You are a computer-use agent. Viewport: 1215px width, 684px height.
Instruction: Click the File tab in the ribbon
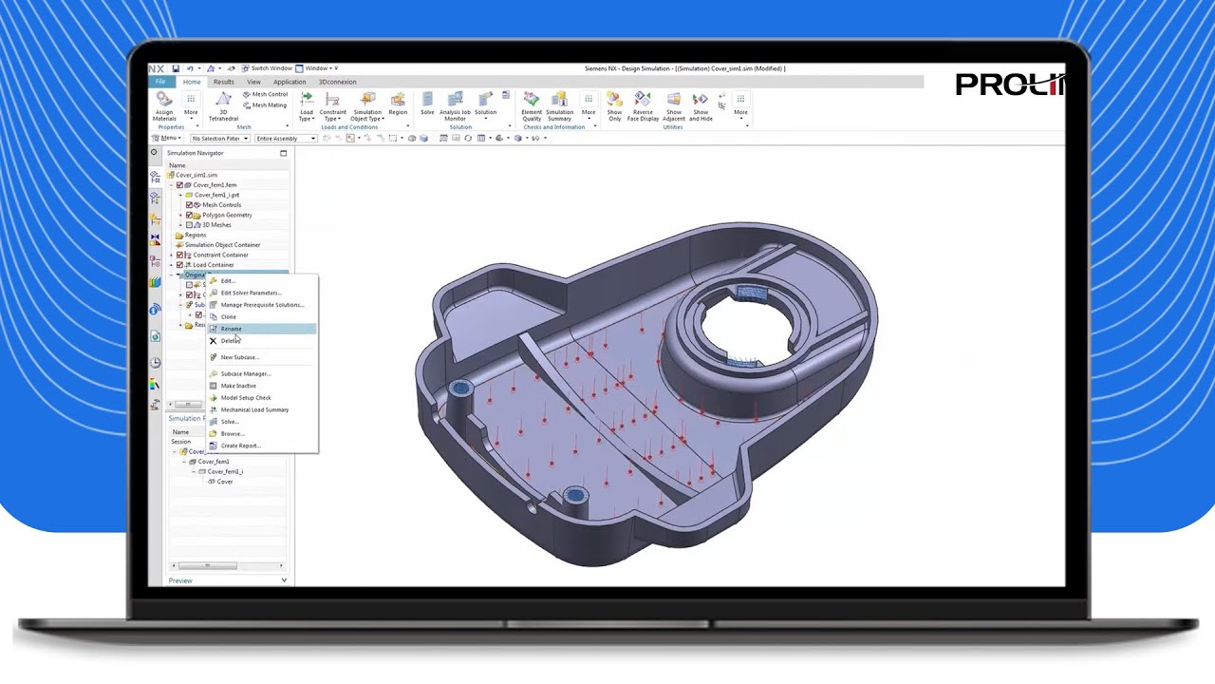coord(160,82)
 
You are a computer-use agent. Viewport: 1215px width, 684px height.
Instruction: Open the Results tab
coord(223,82)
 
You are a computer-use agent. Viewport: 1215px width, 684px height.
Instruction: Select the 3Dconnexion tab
coord(337,82)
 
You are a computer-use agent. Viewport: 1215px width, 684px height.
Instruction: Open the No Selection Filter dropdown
coord(219,139)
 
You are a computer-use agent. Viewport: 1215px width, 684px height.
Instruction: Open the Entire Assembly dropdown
coord(285,139)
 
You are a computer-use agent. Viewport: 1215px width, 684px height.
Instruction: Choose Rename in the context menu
coord(232,329)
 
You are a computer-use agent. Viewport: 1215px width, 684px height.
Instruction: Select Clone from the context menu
coord(229,316)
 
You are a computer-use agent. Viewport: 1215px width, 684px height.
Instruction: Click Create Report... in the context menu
coord(240,446)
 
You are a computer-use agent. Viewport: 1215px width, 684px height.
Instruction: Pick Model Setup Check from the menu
coord(246,398)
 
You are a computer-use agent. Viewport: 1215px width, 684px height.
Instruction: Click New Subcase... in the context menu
coord(239,357)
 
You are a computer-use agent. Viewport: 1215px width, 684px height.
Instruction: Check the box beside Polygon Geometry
coord(189,215)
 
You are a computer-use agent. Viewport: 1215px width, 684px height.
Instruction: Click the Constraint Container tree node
coord(220,255)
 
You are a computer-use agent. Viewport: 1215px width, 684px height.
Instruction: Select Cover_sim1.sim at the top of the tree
coord(196,175)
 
